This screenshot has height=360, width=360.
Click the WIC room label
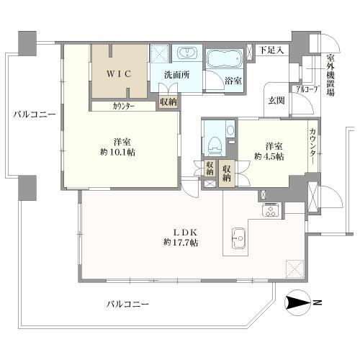pyautogui.click(x=120, y=74)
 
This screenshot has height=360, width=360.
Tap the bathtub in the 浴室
pyautogui.click(x=225, y=59)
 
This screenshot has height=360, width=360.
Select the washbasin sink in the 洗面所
pyautogui.click(x=187, y=53)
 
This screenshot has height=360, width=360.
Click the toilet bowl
pyautogui.click(x=215, y=145)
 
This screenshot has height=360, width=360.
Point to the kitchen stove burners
pyautogui.click(x=271, y=210)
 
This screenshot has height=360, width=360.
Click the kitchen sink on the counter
pyautogui.click(x=238, y=238)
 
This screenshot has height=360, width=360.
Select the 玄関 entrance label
pyautogui.click(x=276, y=101)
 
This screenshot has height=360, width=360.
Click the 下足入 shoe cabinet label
pyautogui.click(x=271, y=50)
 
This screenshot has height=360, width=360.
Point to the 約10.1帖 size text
pyautogui.click(x=117, y=152)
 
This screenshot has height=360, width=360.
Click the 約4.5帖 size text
pyautogui.click(x=269, y=156)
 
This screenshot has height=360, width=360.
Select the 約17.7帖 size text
pyautogui.click(x=181, y=243)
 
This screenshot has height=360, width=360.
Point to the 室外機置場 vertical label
pyautogui.click(x=331, y=75)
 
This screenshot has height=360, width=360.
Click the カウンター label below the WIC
pyautogui.click(x=124, y=107)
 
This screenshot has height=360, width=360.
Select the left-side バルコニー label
pyautogui.click(x=34, y=114)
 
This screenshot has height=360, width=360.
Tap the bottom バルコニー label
pyautogui.click(x=127, y=305)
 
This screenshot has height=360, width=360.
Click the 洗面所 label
pyautogui.click(x=177, y=75)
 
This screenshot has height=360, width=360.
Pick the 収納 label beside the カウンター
pyautogui.click(x=168, y=102)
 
